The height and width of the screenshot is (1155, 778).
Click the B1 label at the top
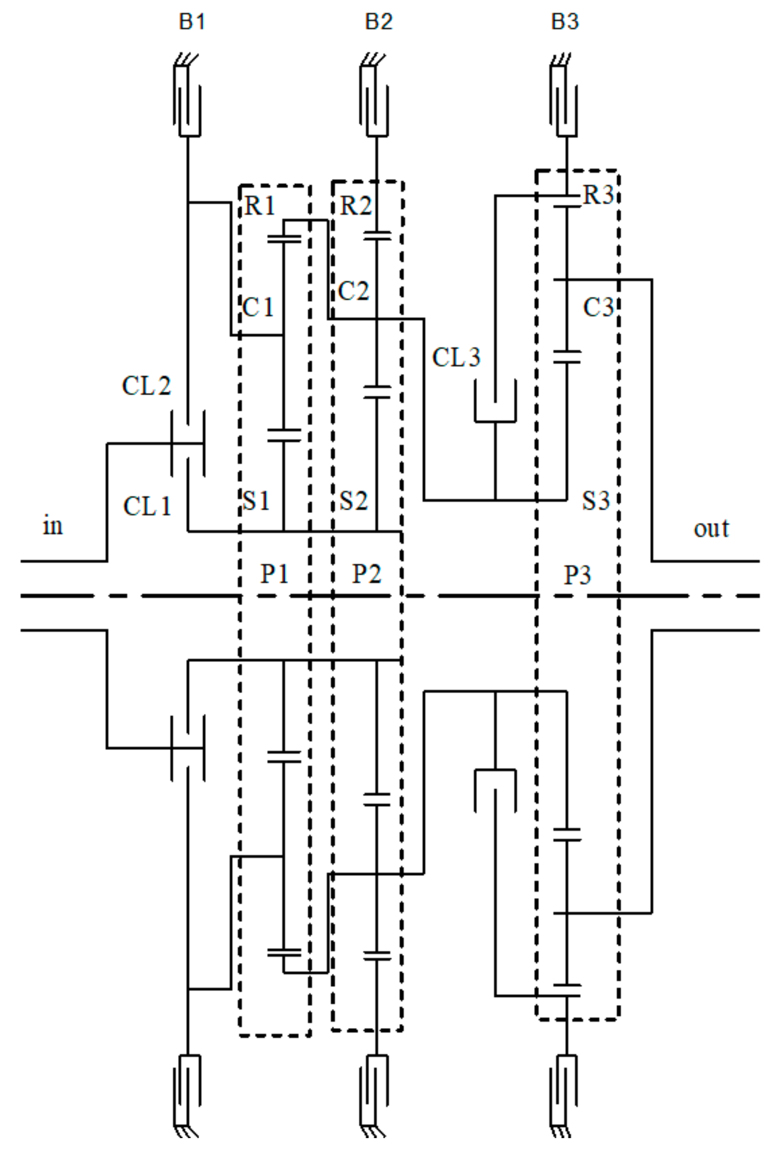[x=192, y=22]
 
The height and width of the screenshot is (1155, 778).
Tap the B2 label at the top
[x=378, y=22]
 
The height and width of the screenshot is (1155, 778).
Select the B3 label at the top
[x=565, y=22]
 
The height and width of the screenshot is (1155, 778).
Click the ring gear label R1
[x=260, y=206]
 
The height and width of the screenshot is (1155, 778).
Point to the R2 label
[x=355, y=206]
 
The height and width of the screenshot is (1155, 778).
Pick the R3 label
[x=598, y=195]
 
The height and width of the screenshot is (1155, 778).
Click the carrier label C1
[x=257, y=308]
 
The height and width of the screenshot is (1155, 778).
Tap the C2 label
[x=353, y=291]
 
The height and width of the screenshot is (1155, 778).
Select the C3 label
[x=598, y=308]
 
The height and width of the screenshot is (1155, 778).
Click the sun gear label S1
[x=256, y=500]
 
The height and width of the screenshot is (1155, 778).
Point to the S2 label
[x=353, y=500]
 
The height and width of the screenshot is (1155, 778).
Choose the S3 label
[x=596, y=500]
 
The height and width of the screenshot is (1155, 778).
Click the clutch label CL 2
[x=146, y=386]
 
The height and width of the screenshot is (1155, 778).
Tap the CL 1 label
[x=147, y=506]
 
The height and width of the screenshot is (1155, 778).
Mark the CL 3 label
[x=456, y=357]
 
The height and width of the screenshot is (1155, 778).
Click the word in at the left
[x=52, y=526]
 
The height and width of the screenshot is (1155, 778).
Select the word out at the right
[x=711, y=528]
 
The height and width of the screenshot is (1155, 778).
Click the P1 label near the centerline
[x=274, y=573]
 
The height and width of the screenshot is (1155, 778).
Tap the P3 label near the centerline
[x=577, y=575]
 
